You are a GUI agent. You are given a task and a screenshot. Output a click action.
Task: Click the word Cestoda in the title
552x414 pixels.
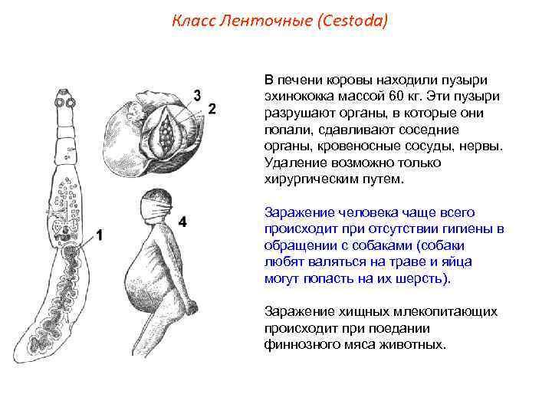[353, 21]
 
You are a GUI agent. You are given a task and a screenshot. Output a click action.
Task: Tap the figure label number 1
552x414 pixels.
[98, 235]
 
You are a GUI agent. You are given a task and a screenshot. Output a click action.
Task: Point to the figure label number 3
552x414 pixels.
[197, 96]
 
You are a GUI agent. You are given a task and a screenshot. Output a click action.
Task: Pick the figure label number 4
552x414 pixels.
[182, 222]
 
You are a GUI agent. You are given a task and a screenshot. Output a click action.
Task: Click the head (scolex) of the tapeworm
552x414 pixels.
[64, 101]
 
